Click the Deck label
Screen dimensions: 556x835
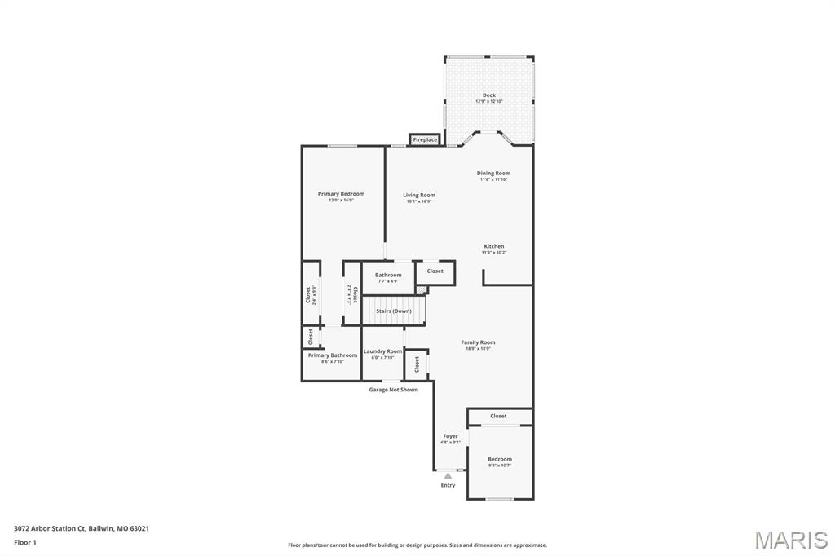(x=488, y=95)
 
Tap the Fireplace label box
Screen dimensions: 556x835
(x=425, y=140)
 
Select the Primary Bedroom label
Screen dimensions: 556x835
(x=341, y=194)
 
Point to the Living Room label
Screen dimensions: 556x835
(x=418, y=196)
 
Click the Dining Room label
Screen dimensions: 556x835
(x=493, y=174)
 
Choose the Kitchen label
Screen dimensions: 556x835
(x=494, y=246)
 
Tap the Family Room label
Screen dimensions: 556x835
(x=478, y=343)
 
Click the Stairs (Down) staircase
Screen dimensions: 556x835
(x=393, y=311)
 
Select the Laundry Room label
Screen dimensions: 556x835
(x=382, y=351)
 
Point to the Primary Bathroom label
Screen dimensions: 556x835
(x=332, y=355)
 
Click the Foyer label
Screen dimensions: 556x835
(x=450, y=436)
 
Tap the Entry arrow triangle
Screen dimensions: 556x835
(x=448, y=475)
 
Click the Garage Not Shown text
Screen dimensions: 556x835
(x=394, y=390)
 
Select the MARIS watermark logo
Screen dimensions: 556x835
(x=791, y=540)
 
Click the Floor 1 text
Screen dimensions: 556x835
(x=25, y=542)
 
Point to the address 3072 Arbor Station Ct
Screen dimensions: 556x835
(x=82, y=528)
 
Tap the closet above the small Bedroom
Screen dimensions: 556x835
(x=499, y=417)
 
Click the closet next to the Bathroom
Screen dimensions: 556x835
(x=435, y=271)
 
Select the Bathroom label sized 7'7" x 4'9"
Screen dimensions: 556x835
(x=388, y=276)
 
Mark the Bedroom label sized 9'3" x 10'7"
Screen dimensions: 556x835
(x=500, y=460)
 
